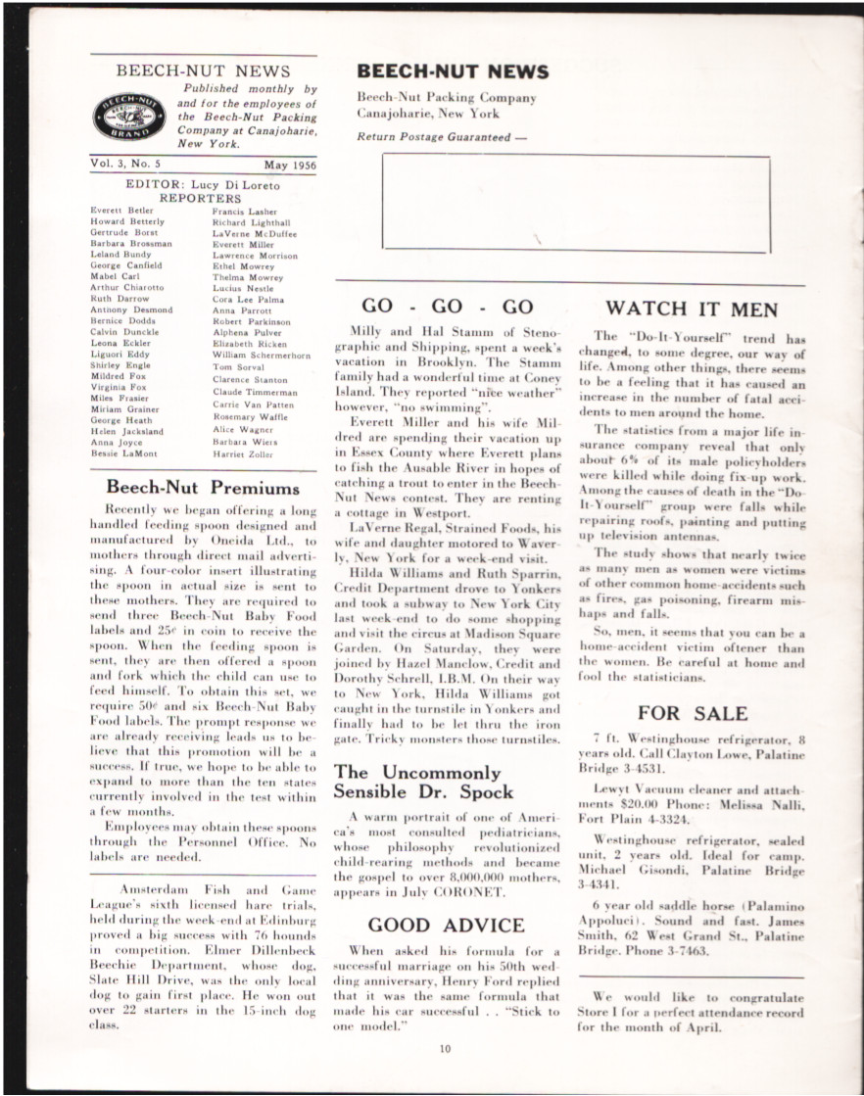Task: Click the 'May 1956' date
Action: (x=290, y=166)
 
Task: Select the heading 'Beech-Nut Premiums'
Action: (x=203, y=488)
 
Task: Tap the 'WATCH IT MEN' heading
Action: (x=692, y=310)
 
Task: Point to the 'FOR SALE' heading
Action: (x=692, y=713)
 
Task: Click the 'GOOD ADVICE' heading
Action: (x=446, y=925)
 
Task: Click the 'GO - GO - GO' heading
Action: (x=447, y=307)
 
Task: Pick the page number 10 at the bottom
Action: (x=446, y=1049)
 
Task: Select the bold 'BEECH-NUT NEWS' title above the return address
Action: (x=453, y=71)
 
